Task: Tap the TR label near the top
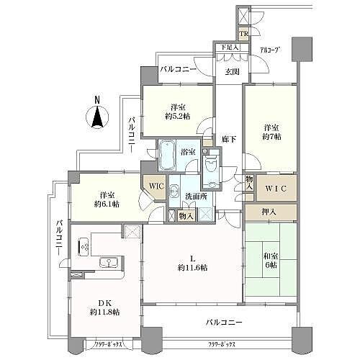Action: click(x=245, y=34)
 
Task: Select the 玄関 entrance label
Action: click(x=231, y=71)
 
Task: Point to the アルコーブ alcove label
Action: click(x=269, y=50)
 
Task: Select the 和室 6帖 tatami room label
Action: click(x=271, y=259)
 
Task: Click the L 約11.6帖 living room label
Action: click(x=192, y=262)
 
